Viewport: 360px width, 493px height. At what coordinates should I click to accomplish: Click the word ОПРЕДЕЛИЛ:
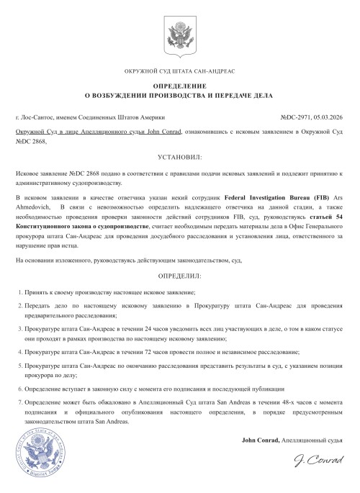coord(179,276)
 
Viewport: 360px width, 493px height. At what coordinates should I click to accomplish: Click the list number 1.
coord(18,294)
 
